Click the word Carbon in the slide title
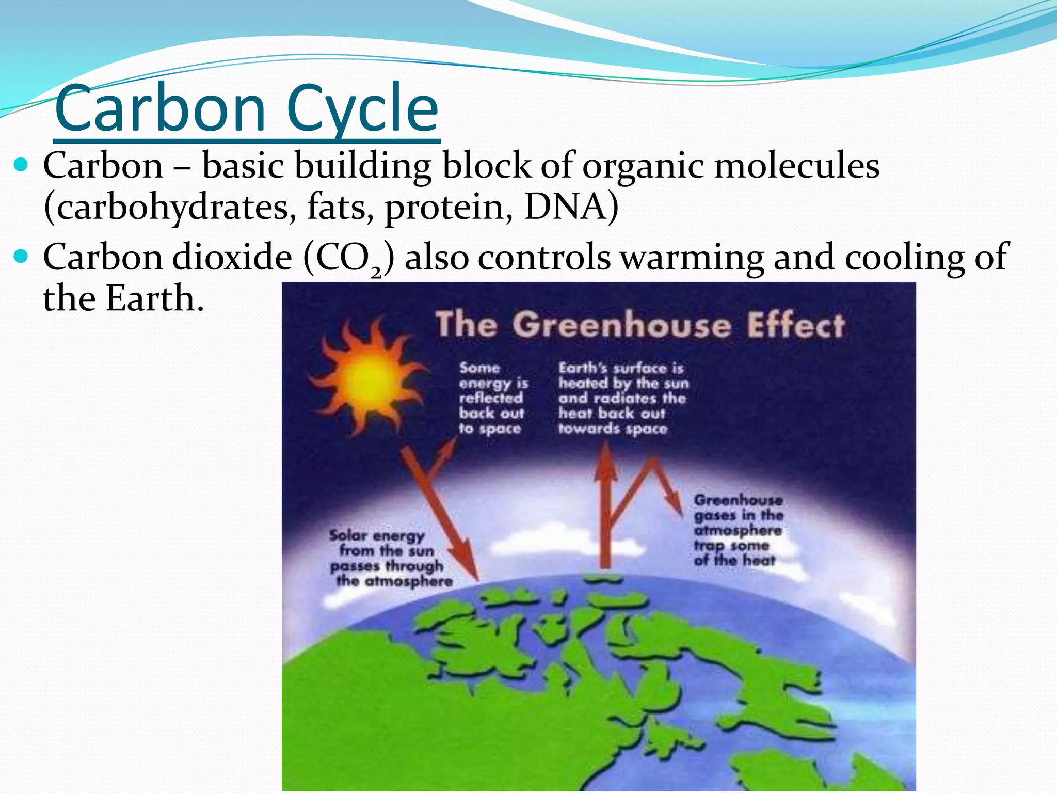[160, 109]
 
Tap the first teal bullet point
[22, 166]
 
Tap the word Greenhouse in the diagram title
[622, 326]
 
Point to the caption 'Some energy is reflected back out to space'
[492, 398]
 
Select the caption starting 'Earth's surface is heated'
[622, 398]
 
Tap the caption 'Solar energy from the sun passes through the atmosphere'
[390, 558]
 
